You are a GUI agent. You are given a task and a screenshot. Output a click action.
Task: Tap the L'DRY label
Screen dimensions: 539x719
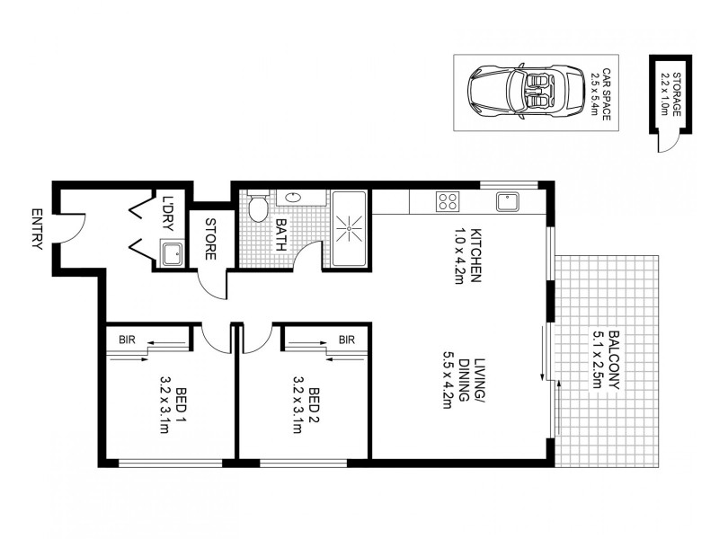tap(167, 212)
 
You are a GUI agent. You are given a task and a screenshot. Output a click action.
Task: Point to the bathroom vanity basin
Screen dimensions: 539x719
tap(293, 197)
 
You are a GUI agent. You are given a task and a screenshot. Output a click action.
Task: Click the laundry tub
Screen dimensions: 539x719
tap(173, 254)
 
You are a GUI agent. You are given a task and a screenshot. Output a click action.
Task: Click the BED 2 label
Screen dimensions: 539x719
tap(315, 402)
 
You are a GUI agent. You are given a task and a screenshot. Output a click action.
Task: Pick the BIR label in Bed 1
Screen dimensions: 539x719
tap(128, 339)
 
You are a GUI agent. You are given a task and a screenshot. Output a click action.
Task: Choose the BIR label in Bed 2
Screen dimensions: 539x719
tap(347, 339)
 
